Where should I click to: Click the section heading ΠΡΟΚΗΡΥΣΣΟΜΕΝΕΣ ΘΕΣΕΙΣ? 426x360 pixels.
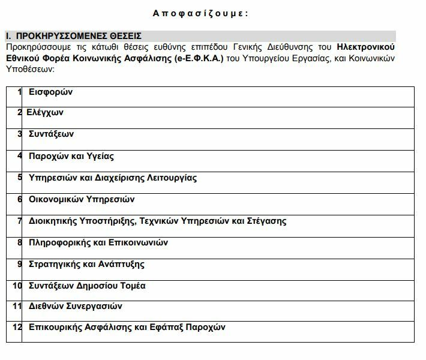tap(79, 35)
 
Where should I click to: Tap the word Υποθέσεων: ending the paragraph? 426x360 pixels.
tap(29, 70)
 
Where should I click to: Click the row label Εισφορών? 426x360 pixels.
tap(50, 92)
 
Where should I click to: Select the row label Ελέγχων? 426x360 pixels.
tap(45, 112)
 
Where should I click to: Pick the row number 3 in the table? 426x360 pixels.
tap(20, 134)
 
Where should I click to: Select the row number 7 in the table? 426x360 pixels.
tap(20, 221)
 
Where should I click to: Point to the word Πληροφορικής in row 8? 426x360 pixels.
tap(58, 242)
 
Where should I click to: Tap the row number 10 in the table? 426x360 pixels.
tap(17, 286)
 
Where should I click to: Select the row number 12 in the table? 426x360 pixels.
tap(17, 327)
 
